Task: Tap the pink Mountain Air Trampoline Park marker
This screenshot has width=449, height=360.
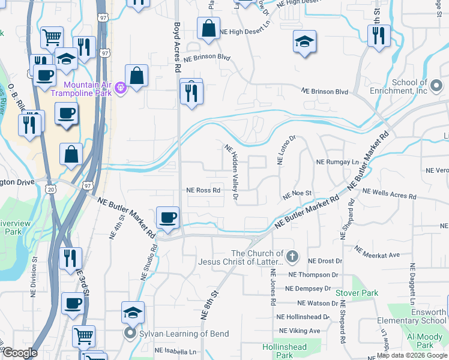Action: [x=121, y=88]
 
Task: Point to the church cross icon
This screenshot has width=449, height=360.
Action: [x=292, y=257]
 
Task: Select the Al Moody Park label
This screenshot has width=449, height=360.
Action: [x=424, y=341]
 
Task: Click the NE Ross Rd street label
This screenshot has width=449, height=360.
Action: [x=203, y=190]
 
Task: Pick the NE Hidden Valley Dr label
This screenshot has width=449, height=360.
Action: [x=232, y=172]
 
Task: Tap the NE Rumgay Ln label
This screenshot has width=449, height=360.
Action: [x=337, y=162]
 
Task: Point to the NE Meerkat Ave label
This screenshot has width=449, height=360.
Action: [x=377, y=252]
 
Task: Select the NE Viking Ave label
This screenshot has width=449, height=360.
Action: [x=298, y=331]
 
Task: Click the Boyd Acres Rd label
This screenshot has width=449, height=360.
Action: [x=178, y=47]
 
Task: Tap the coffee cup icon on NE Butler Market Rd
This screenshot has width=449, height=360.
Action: [x=167, y=217]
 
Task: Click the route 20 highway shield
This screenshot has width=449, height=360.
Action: [x=51, y=189]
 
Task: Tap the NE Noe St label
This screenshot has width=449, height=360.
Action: [x=298, y=194]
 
